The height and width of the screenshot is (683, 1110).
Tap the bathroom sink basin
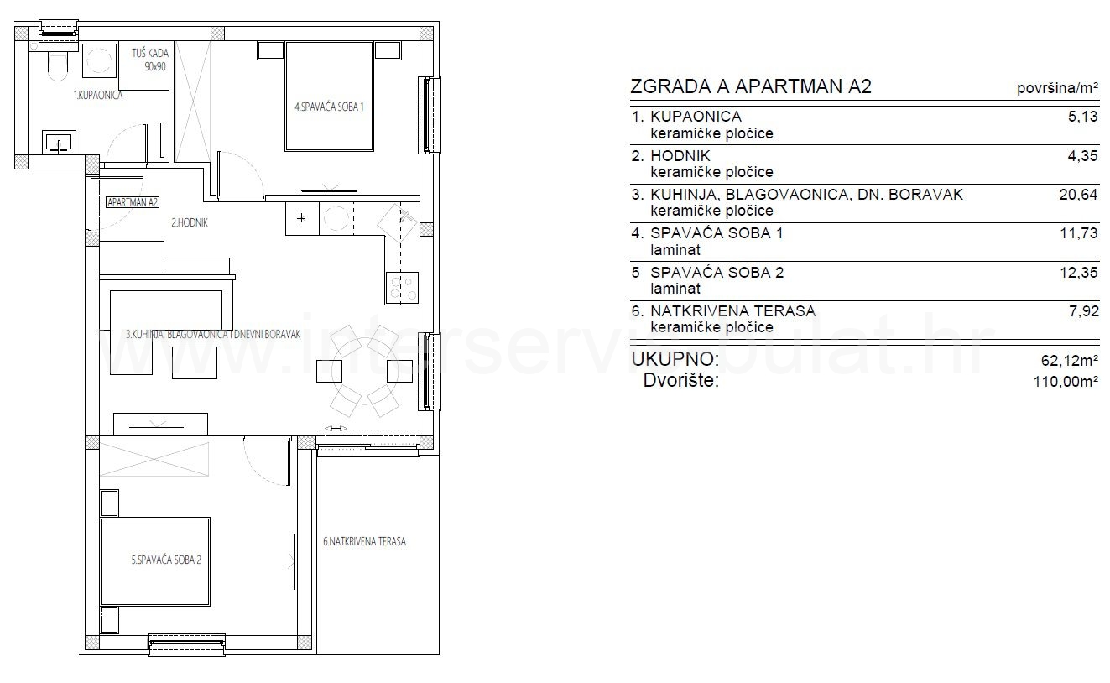[59, 143]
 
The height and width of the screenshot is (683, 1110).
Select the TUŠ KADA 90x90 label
[150, 60]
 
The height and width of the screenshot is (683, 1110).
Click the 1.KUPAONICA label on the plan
[98, 95]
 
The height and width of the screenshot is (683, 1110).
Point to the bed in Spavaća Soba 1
[329, 96]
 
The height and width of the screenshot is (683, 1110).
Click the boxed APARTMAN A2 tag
[133, 202]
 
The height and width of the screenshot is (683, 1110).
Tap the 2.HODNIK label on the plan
[190, 223]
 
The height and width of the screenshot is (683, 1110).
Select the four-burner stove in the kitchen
[402, 288]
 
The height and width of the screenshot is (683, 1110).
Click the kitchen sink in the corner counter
[398, 222]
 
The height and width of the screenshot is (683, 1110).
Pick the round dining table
[364, 371]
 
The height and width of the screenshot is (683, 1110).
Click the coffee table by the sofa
[195, 362]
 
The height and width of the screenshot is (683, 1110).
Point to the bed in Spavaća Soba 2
[154, 561]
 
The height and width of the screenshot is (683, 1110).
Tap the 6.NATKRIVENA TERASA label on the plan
[364, 542]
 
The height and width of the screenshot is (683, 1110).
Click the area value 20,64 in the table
[1078, 195]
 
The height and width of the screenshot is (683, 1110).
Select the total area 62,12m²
[1070, 360]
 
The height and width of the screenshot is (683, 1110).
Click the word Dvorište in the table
[681, 381]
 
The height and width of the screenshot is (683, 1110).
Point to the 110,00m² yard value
[1066, 381]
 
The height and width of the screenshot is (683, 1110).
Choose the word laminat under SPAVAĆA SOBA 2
[675, 289]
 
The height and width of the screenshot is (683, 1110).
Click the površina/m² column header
[1057, 88]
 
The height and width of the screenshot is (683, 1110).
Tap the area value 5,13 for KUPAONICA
[1083, 117]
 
